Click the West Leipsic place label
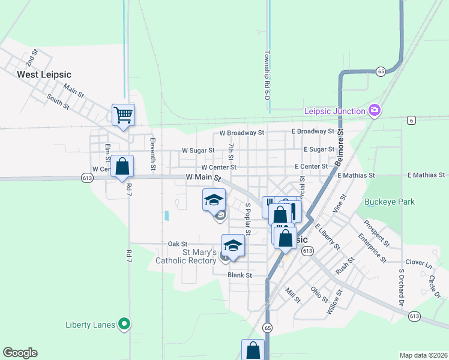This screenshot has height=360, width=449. pyautogui.click(x=44, y=74)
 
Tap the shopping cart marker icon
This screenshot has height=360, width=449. pyautogui.click(x=123, y=114)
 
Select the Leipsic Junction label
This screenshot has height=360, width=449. pyautogui.click(x=335, y=111)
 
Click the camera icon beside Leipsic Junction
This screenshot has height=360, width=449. pyautogui.click(x=375, y=110)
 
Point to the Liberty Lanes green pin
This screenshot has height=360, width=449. pyautogui.click(x=124, y=325)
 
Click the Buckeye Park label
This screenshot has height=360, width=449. pyautogui.click(x=389, y=202)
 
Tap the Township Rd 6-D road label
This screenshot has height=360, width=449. pyautogui.click(x=266, y=74)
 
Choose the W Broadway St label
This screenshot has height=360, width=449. pyautogui.click(x=241, y=132)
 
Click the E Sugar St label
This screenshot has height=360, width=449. pyautogui.click(x=319, y=149)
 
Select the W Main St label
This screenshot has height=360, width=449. pyautogui.click(x=203, y=178)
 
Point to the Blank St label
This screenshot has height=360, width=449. pyautogui.click(x=240, y=275)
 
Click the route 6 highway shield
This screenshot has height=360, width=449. pyautogui.click(x=411, y=120)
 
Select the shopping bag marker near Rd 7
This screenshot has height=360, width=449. pyautogui.click(x=122, y=167)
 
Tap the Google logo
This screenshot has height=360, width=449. pyautogui.click(x=20, y=353)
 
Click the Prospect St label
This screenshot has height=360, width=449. pyautogui.click(x=376, y=233)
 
